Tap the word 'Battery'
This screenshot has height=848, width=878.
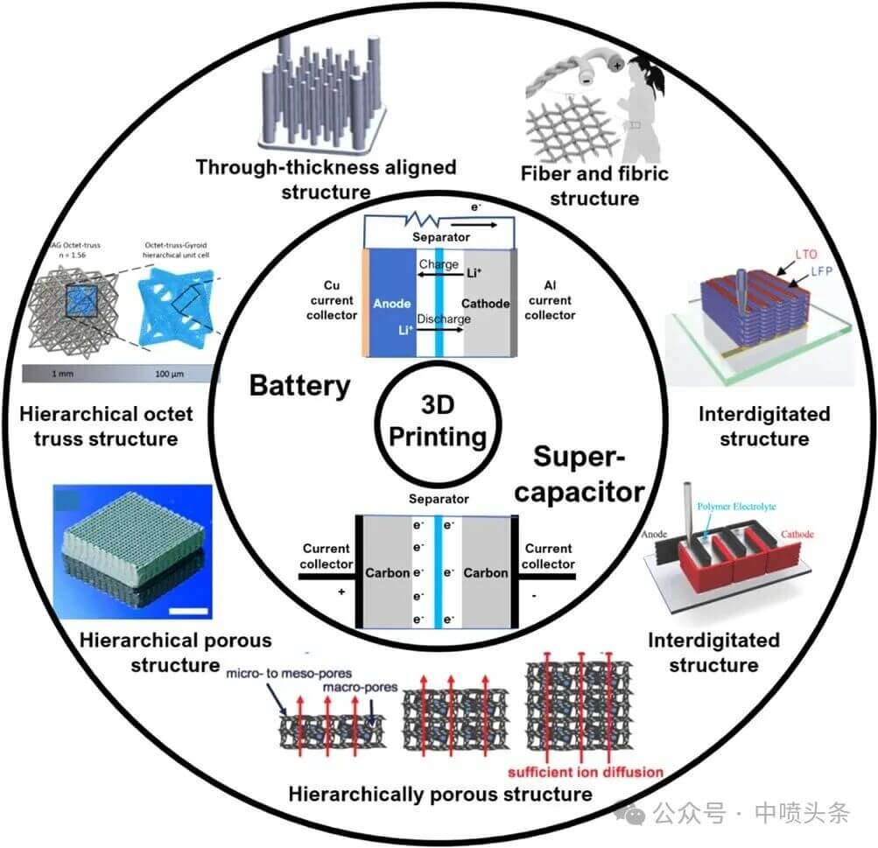click(299, 385)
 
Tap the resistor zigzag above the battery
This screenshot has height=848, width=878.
click(425, 214)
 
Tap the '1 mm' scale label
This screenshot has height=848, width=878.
click(60, 375)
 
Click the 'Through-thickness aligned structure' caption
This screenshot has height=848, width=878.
click(326, 179)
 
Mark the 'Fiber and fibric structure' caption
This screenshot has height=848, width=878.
click(595, 186)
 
